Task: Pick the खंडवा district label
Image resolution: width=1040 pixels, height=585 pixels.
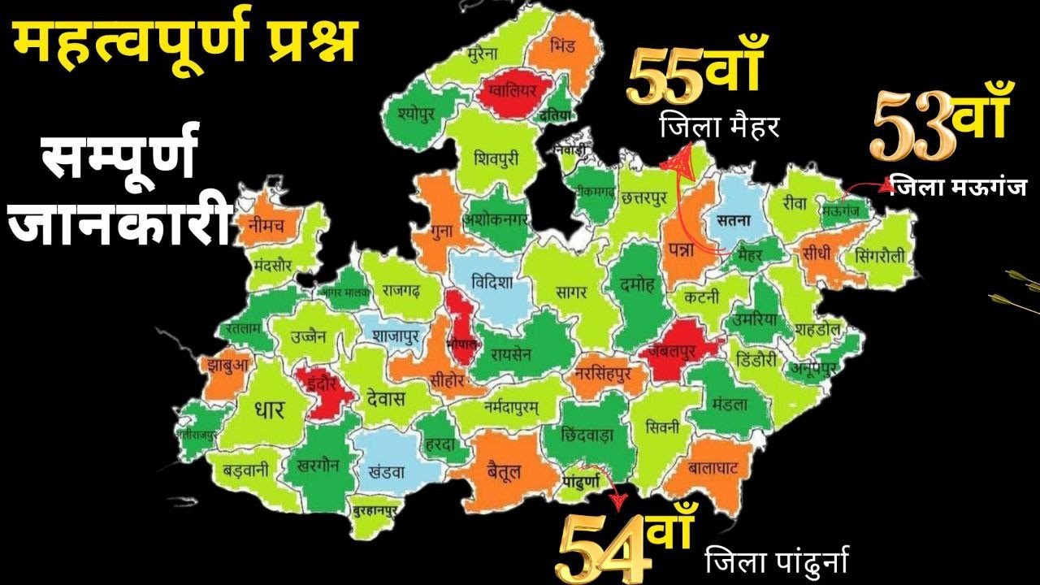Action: (x=387, y=469)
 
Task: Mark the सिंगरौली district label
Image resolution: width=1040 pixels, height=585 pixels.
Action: (x=880, y=255)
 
